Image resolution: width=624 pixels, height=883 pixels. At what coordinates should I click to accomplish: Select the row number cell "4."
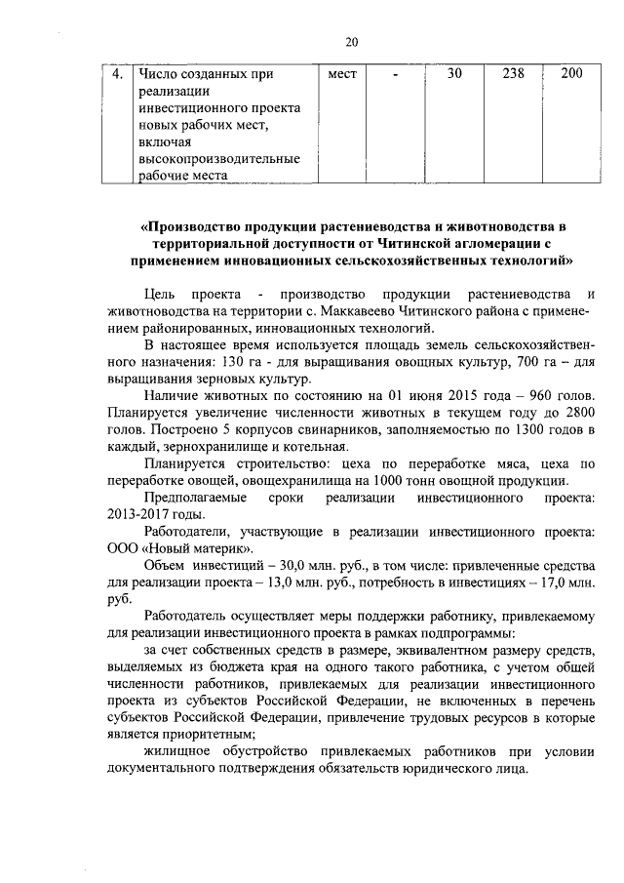click(116, 73)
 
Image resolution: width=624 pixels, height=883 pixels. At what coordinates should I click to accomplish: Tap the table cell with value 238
click(513, 73)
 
